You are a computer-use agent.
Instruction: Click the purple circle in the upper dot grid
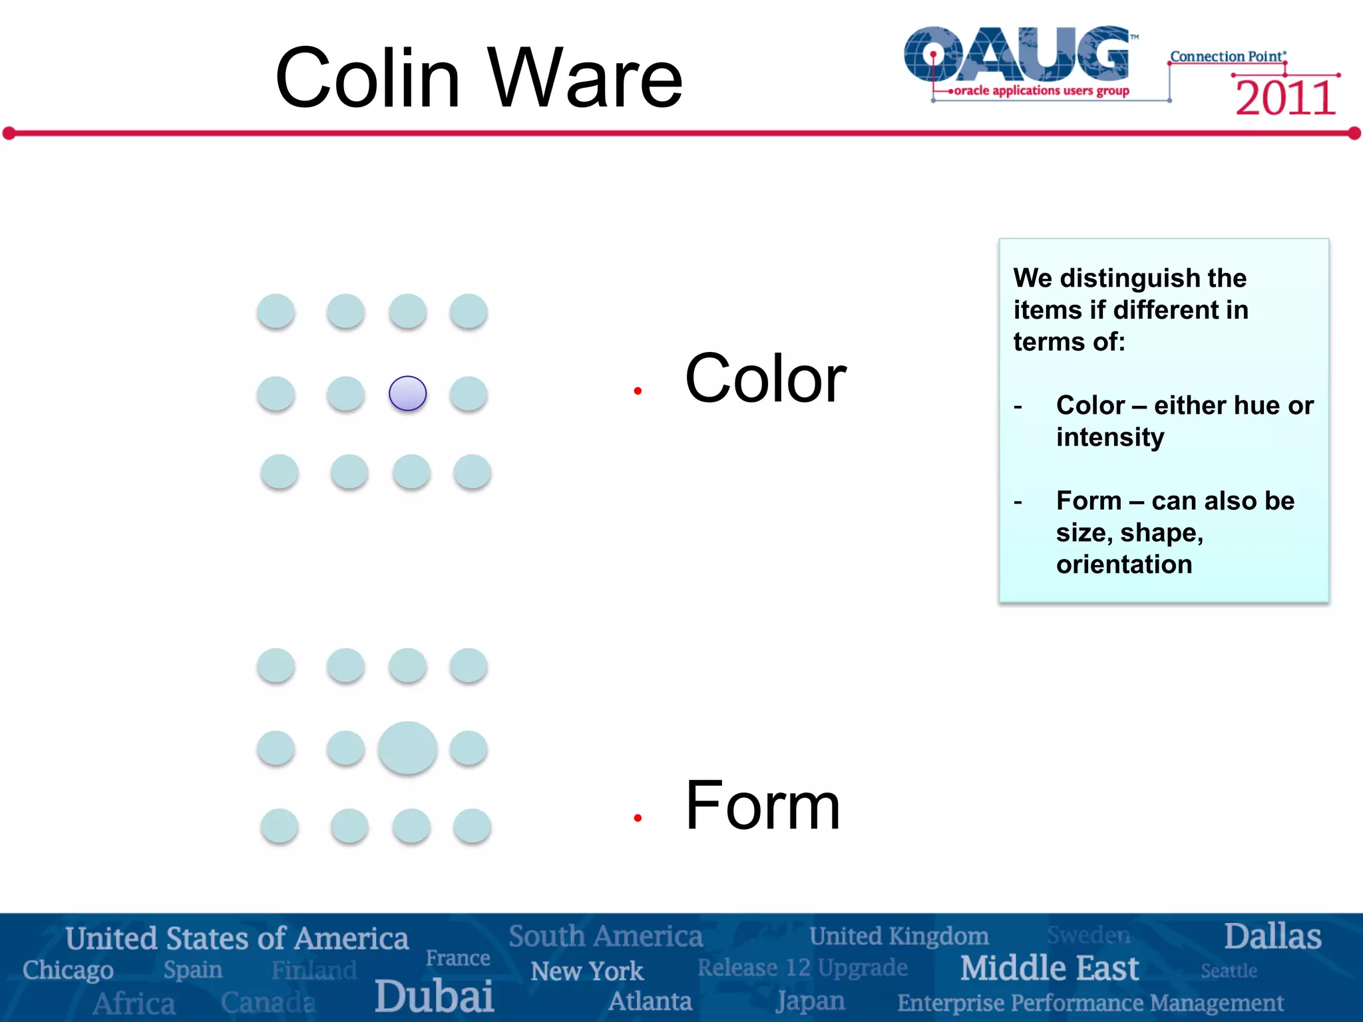point(407,393)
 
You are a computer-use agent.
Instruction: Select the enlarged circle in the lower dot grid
point(407,748)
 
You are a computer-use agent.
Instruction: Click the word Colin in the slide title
point(367,78)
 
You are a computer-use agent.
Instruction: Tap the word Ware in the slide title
point(585,78)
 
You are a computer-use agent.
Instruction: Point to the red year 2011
point(1285,98)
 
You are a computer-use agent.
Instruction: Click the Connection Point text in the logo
point(1227,57)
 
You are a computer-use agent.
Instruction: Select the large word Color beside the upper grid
point(765,379)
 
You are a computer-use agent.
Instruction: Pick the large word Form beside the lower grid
point(763,805)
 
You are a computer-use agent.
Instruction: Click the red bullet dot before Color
point(638,391)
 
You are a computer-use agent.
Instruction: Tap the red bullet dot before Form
point(638,818)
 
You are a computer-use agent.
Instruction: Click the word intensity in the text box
point(1110,438)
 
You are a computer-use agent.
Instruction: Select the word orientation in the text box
point(1124,564)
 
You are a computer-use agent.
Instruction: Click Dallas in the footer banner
point(1272,936)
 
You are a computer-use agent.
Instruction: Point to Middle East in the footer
point(1050,968)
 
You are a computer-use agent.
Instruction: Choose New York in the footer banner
point(587,971)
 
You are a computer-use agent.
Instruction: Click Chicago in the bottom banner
point(68,970)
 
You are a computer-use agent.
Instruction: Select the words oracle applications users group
point(1042,90)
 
